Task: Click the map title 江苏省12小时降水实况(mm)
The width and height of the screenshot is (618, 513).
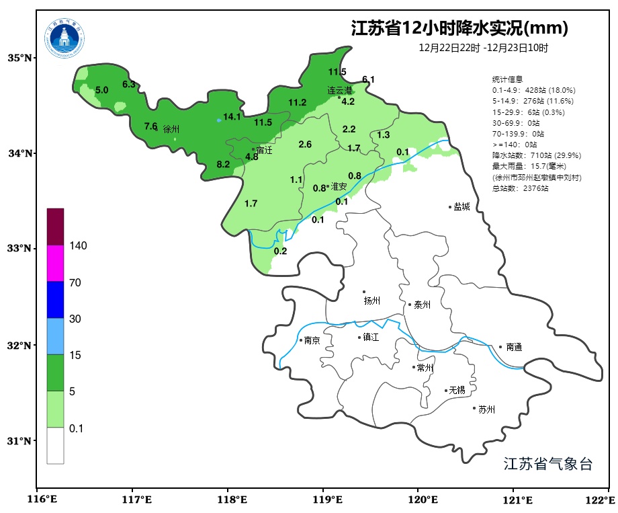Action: [459, 28]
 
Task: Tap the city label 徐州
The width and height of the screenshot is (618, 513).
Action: [171, 128]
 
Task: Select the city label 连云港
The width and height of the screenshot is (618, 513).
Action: [340, 90]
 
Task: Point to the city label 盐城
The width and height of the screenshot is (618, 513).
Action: [461, 207]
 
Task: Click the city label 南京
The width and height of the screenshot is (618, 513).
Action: [312, 341]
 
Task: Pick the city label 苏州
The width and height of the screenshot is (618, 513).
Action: [486, 409]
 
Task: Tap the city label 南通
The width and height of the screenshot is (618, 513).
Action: [514, 348]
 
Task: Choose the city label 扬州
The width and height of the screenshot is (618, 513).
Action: [372, 301]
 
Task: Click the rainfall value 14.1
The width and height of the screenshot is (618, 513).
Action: [232, 116]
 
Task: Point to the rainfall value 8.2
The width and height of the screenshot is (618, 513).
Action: [223, 164]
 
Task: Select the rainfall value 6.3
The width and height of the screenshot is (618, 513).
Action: [129, 84]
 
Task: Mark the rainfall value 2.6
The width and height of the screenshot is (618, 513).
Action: [305, 145]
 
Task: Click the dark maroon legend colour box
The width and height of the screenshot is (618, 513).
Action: [55, 227]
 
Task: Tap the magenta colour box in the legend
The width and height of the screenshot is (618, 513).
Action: [55, 263]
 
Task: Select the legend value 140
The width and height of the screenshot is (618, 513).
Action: [78, 246]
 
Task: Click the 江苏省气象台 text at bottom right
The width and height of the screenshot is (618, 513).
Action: [547, 464]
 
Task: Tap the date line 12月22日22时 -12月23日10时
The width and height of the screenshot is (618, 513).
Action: [483, 48]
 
